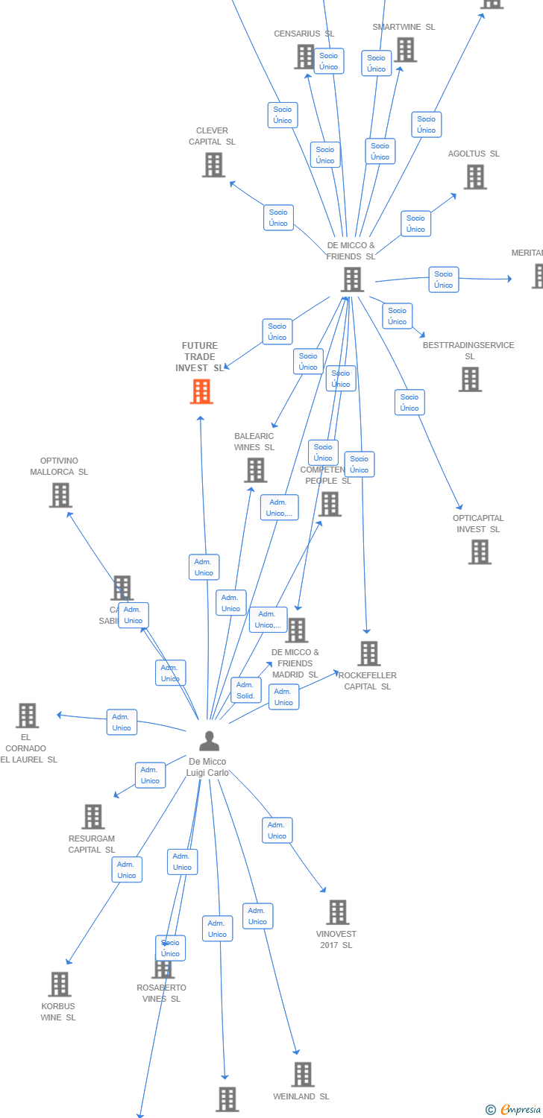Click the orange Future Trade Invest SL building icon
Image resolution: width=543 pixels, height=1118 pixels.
point(201,391)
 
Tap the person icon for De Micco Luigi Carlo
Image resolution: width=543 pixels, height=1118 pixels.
point(210,741)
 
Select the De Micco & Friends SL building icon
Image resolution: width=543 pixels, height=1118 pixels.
point(352,279)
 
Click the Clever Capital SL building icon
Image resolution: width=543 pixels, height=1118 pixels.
point(213,165)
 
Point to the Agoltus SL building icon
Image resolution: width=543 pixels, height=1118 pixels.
point(475,177)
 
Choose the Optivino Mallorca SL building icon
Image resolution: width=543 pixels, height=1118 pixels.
point(60,495)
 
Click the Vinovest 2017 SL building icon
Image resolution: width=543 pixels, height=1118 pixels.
point(338,912)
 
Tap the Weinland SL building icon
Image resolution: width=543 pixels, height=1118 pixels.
point(303,1075)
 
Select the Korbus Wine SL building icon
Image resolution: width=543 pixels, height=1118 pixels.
point(60,985)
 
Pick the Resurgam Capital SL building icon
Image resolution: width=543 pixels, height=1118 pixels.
point(93,817)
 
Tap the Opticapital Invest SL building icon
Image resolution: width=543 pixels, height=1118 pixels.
point(480,552)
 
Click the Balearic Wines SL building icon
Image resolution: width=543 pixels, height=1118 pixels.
point(256,470)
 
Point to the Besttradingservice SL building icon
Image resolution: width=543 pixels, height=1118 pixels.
point(470,379)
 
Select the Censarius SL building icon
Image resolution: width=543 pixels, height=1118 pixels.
point(304,57)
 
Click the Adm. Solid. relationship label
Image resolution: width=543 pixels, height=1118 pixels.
point(245,690)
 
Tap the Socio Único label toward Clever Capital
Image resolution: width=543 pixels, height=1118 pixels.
point(278,218)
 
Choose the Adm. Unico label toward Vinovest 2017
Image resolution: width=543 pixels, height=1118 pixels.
point(277,830)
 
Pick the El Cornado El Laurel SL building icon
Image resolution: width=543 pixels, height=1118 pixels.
point(28,716)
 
